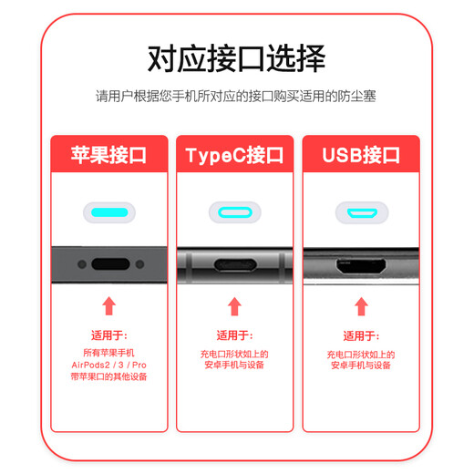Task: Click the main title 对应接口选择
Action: (236, 59)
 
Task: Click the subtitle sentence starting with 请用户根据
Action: (236, 96)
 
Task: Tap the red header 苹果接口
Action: (109, 154)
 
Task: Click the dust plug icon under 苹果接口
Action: (109, 213)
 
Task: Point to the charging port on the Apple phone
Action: (109, 265)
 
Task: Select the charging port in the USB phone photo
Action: (361, 269)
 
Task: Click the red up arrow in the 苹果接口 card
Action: (109, 305)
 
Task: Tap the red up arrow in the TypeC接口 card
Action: (234, 306)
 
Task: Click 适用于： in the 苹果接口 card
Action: (109, 335)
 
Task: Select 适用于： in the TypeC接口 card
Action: (234, 335)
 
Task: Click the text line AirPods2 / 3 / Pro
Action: (109, 364)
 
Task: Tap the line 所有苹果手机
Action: (109, 352)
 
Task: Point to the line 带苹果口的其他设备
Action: (109, 376)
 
